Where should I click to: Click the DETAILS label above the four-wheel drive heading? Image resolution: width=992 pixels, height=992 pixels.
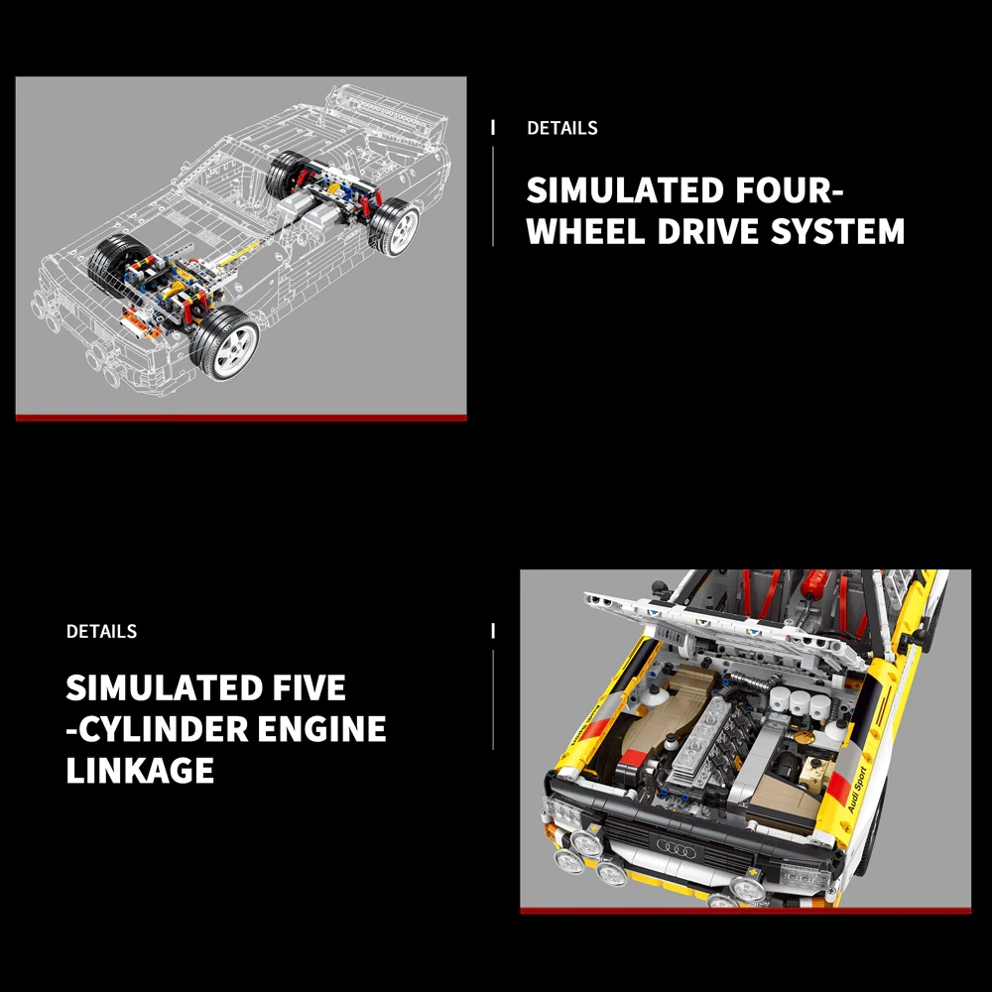[561, 128]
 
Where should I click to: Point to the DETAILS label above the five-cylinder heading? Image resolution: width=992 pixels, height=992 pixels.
[101, 631]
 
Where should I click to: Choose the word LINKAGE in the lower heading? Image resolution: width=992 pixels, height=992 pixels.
[140, 771]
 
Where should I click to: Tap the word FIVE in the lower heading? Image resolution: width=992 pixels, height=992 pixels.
[301, 687]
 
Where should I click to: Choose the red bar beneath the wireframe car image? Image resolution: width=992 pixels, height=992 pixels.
[241, 418]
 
